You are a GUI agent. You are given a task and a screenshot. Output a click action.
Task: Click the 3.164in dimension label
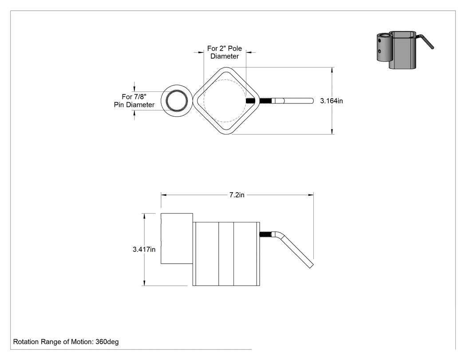(332, 101)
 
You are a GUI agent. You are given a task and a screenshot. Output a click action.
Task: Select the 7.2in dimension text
(237, 195)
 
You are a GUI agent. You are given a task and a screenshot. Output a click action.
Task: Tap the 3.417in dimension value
(144, 249)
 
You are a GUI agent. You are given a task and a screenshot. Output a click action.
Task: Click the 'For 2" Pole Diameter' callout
(225, 52)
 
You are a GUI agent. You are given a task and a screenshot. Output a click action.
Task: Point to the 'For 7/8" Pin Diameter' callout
(134, 101)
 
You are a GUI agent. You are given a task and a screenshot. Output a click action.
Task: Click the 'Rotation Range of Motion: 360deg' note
(66, 342)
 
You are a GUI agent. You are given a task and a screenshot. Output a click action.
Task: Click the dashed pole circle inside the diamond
(204, 101)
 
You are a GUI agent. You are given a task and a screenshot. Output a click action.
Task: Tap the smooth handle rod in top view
(293, 101)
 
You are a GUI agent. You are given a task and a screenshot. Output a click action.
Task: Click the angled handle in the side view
(296, 249)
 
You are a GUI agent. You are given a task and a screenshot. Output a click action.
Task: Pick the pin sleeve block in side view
(177, 238)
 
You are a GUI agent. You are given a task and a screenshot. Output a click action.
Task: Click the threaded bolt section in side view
(265, 234)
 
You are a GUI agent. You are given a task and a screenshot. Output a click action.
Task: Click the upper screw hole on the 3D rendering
(379, 40)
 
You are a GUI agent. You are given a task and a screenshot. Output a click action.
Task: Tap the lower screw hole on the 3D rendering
(379, 51)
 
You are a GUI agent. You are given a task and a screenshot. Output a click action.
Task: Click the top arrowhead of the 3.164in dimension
(332, 70)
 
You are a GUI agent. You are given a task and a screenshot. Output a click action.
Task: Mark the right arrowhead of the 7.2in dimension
(311, 195)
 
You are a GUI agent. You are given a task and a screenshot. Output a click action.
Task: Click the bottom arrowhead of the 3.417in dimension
(144, 283)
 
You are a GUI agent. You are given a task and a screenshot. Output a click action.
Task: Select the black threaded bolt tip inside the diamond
(251, 101)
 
